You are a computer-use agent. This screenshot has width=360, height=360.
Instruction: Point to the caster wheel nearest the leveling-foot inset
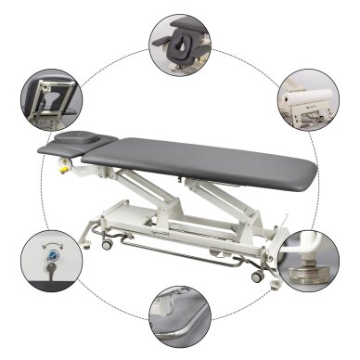256,276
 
